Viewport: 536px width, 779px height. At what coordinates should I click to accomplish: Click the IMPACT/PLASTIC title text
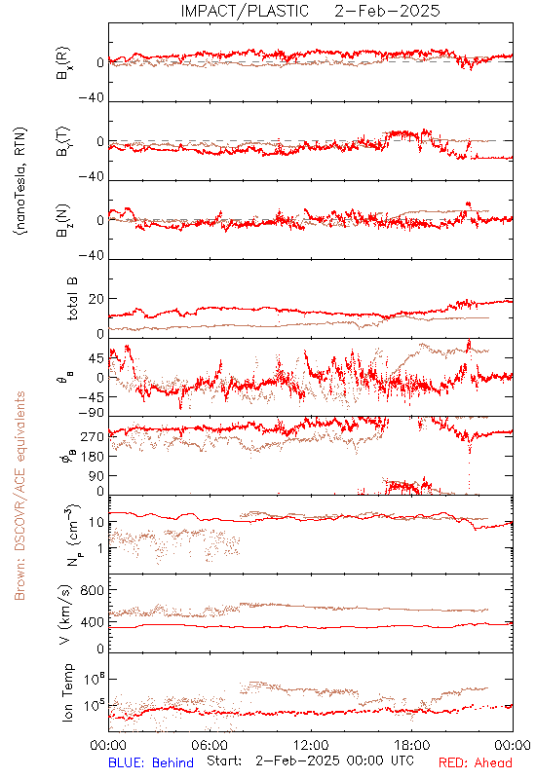(245, 11)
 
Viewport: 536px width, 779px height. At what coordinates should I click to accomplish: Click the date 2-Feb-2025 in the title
(387, 11)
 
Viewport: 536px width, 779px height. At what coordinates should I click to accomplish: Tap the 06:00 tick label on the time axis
(210, 745)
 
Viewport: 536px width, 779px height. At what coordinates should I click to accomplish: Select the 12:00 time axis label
(311, 745)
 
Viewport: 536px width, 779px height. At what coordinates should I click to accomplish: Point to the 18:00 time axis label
(412, 745)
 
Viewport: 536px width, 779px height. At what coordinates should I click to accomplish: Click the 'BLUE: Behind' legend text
(151, 762)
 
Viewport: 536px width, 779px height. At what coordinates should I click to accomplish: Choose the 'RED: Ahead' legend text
(476, 762)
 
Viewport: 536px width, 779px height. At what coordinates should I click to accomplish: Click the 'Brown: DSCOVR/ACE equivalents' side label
(19, 496)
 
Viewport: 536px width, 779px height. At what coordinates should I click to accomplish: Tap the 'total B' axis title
(71, 299)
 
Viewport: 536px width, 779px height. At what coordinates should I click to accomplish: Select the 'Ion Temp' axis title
(67, 692)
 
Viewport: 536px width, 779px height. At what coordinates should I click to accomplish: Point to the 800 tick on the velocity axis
(93, 590)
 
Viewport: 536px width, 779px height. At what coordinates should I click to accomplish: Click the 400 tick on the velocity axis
(93, 621)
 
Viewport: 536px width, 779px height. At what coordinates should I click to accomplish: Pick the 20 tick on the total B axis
(96, 299)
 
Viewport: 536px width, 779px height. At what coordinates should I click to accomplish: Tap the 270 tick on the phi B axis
(93, 436)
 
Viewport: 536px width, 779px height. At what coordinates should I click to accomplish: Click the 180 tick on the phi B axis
(93, 456)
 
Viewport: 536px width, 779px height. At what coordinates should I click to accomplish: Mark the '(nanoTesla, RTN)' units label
(20, 181)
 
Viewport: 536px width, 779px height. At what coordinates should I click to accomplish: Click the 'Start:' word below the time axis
(224, 761)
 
